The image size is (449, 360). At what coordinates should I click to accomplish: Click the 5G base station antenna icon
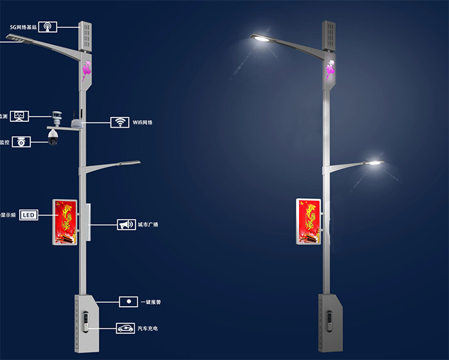(47, 27)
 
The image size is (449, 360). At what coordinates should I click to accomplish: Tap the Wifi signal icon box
(119, 122)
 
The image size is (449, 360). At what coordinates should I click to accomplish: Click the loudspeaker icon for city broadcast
(125, 225)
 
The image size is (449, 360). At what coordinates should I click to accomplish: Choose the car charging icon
(125, 329)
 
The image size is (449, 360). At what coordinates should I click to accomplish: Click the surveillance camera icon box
(21, 142)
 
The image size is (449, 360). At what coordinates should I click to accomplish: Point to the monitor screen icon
(21, 116)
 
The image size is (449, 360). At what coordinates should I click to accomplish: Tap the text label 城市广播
(148, 225)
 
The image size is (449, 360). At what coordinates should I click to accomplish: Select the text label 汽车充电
(148, 329)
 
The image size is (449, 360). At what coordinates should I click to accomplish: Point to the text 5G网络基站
(21, 27)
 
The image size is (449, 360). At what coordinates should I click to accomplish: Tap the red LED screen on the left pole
(64, 222)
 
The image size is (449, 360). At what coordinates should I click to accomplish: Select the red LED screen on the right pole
(308, 221)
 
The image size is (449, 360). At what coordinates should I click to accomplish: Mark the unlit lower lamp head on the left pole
(129, 164)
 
